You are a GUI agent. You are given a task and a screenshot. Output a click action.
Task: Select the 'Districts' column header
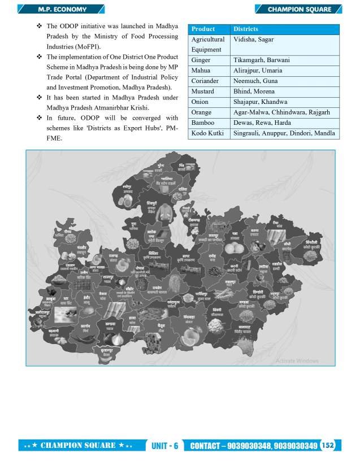[246, 29]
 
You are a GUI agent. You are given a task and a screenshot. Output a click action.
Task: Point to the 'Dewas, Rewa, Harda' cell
[263, 123]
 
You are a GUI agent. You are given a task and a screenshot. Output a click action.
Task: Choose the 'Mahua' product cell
[201, 71]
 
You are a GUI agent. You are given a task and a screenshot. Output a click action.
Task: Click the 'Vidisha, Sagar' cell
[253, 40]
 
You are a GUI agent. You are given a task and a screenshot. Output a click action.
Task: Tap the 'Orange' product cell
[202, 112]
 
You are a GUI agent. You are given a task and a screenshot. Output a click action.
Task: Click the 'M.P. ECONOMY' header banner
[59, 9]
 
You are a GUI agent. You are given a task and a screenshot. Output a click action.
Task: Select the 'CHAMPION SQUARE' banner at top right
[299, 9]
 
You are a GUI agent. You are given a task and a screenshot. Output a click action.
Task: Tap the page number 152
[328, 445]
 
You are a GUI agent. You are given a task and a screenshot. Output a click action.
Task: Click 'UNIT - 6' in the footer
[165, 446]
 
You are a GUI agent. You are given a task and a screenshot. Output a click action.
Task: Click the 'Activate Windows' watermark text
[297, 360]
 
